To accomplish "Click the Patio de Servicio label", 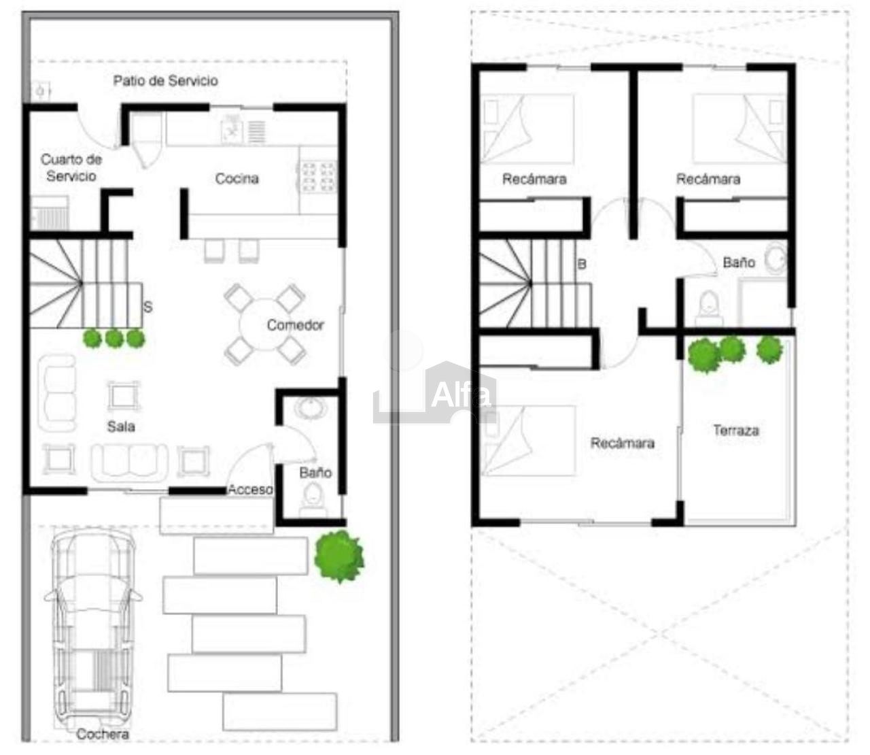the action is click(165, 80).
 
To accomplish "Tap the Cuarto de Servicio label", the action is click(71, 168).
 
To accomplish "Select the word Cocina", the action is click(237, 179).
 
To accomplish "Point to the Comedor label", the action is click(296, 325).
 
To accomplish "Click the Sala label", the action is click(121, 426).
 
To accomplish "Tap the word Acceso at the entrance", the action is click(250, 489).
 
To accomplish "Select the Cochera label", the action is click(102, 734).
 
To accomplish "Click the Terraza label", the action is click(736, 430).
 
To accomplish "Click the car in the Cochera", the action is click(93, 628).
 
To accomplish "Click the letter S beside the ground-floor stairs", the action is click(147, 307).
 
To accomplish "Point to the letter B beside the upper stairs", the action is click(582, 264).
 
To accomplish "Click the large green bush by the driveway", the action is click(339, 556).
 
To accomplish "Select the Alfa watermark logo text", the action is click(461, 395).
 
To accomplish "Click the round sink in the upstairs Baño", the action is click(776, 258).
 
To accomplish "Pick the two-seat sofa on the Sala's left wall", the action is click(58, 392).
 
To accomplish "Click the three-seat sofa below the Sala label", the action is click(129, 463).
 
